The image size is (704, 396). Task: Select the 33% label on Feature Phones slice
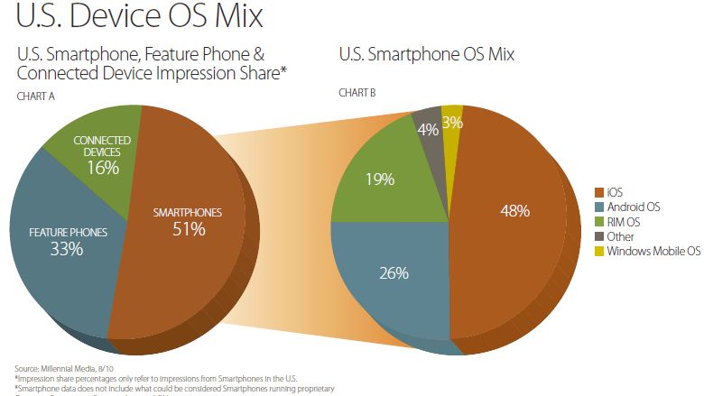(67, 249)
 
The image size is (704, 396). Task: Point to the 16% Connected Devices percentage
(102, 169)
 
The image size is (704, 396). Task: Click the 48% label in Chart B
(515, 211)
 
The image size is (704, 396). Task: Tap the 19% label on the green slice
(380, 179)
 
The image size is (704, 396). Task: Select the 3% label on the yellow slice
(452, 122)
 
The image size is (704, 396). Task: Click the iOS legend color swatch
(599, 192)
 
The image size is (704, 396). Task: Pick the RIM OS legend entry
(624, 221)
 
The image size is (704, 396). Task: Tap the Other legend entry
(621, 235)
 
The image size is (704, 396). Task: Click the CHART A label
(36, 96)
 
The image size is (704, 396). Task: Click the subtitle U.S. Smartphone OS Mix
(427, 54)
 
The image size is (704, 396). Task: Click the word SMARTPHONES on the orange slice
(186, 213)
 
